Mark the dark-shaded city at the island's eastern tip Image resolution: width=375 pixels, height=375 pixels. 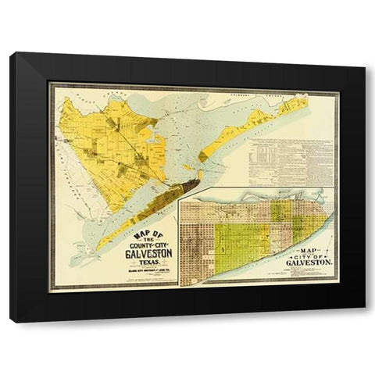(185, 187)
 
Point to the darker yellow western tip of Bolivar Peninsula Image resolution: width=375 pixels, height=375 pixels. (202, 156)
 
